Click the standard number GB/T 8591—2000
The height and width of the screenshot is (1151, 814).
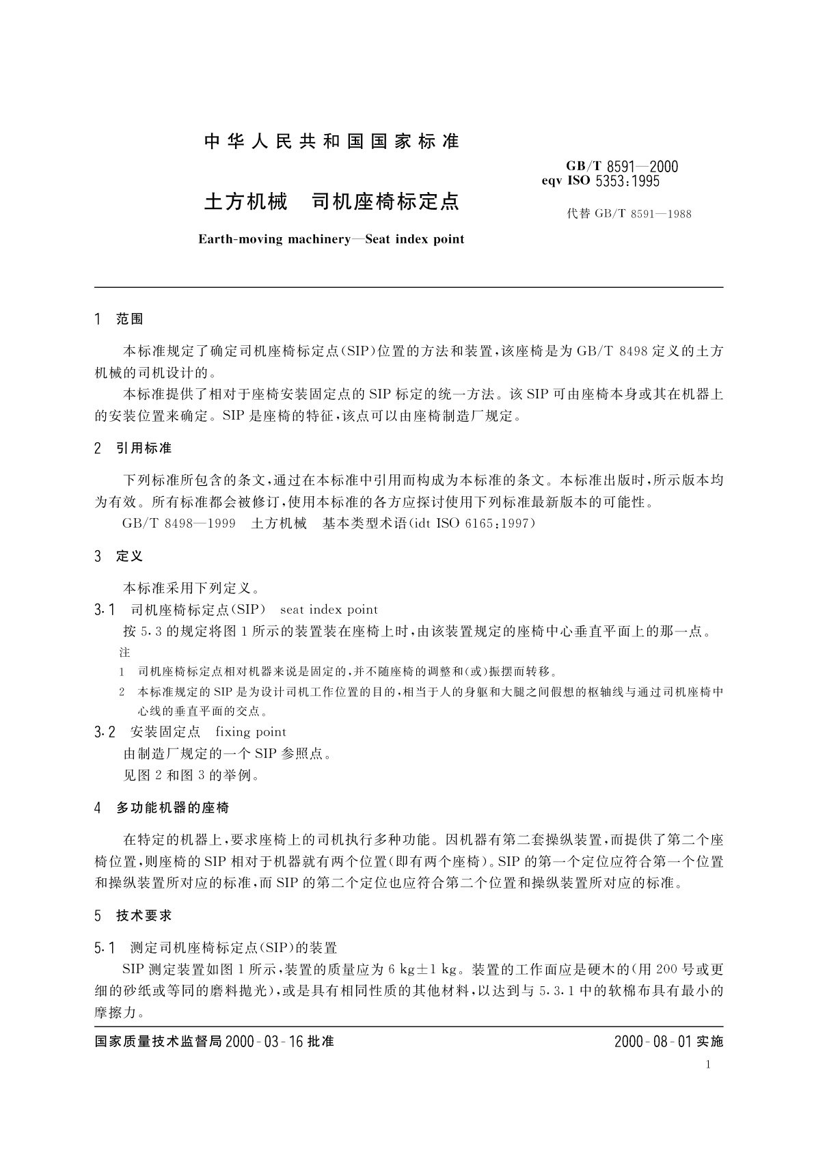[x=621, y=167]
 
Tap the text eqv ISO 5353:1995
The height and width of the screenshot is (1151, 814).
[x=600, y=182]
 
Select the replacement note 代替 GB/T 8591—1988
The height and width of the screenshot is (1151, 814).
[x=629, y=214]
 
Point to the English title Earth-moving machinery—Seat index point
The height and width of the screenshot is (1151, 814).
[x=331, y=239]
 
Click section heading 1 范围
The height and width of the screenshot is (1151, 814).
[x=119, y=319]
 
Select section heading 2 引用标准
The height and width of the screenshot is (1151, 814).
[x=133, y=448]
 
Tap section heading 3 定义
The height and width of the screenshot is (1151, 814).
[x=119, y=556]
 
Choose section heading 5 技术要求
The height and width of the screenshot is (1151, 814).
[x=133, y=916]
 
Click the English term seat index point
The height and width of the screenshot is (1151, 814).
[x=329, y=610]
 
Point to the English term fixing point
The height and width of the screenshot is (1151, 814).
[x=251, y=732]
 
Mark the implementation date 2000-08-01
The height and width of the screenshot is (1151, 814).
[x=653, y=1042]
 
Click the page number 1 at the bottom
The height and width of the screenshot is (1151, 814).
[x=708, y=1064]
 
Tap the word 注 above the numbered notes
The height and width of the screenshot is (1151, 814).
[x=124, y=653]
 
